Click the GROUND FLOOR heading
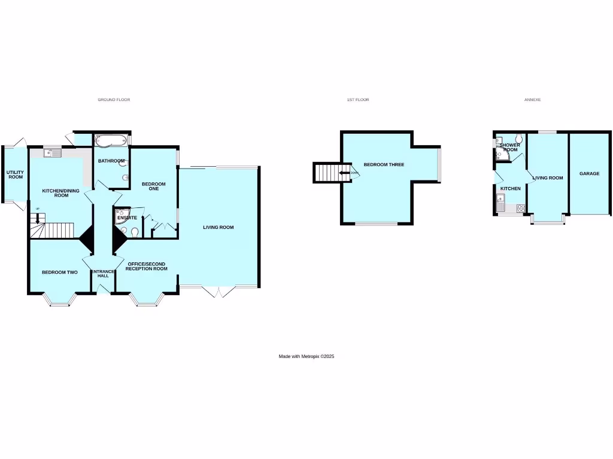click(x=114, y=100)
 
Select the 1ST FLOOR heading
click(x=358, y=100)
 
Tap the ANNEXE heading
click(x=532, y=100)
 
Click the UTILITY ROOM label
click(x=15, y=175)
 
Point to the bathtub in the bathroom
click(x=111, y=142)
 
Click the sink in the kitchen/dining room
click(x=53, y=154)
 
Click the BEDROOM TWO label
click(x=59, y=273)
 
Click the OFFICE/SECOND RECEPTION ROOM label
click(x=146, y=267)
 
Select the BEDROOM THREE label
click(x=384, y=164)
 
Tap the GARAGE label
click(x=589, y=174)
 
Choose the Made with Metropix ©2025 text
click(x=306, y=356)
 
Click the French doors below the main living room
click(x=213, y=292)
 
